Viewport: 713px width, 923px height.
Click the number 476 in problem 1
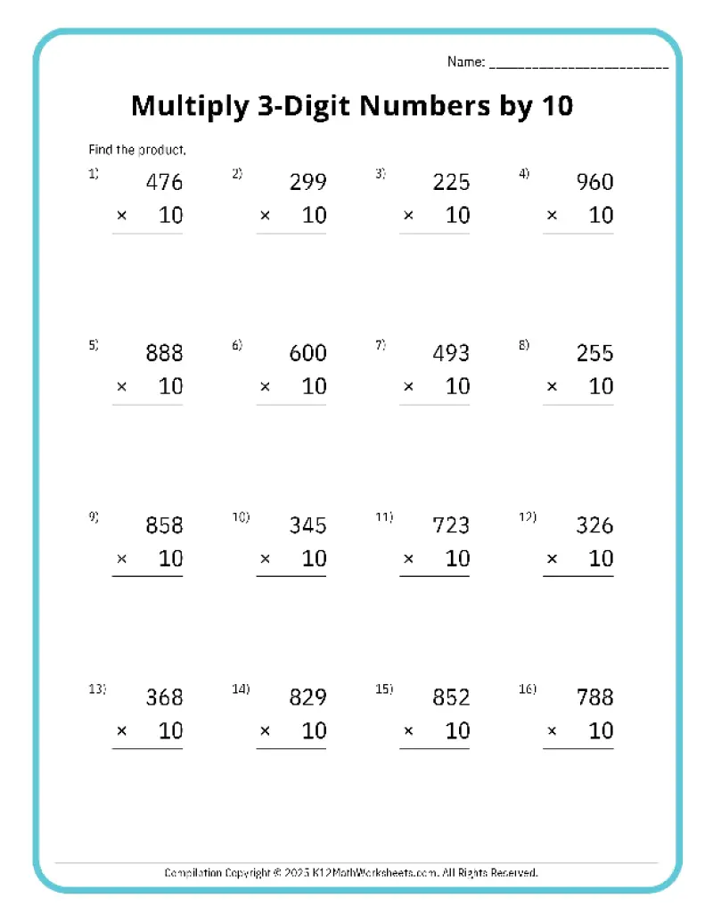point(164,182)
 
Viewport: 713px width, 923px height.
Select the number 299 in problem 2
point(308,182)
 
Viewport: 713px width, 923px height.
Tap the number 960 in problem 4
point(595,182)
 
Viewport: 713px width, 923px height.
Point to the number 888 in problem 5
point(164,353)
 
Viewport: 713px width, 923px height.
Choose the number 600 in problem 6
point(308,353)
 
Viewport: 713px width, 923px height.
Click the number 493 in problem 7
point(451,353)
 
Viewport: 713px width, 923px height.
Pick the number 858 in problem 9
point(164,525)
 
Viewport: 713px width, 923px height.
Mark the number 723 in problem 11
point(451,525)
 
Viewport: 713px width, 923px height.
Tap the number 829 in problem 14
point(308,697)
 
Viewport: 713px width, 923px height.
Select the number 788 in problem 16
point(595,697)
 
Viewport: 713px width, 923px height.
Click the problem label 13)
point(97,688)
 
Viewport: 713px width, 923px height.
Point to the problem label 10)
point(242,517)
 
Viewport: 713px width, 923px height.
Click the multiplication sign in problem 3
point(408,216)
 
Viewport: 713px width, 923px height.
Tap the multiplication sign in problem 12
point(553,559)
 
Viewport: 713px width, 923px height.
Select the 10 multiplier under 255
point(602,387)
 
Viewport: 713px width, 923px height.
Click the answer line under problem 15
point(434,748)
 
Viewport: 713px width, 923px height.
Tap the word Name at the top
point(464,62)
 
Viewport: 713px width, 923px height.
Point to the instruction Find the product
point(137,150)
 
